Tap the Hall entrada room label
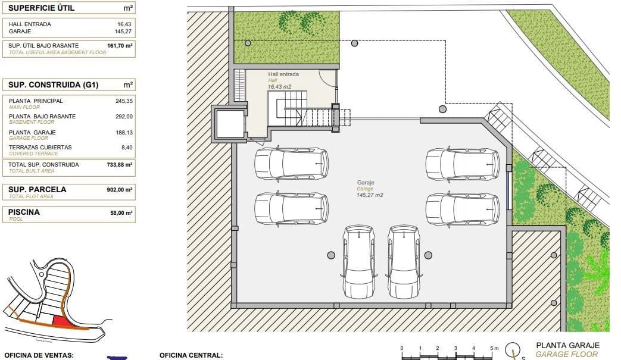pyautogui.click(x=283, y=74)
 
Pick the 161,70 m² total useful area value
pyautogui.click(x=119, y=45)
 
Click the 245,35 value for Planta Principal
pyautogui.click(x=123, y=101)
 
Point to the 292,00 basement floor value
pyautogui.click(x=123, y=117)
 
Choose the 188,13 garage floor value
pyautogui.click(x=123, y=133)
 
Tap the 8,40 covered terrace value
pyautogui.click(x=126, y=147)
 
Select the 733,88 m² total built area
pyautogui.click(x=119, y=165)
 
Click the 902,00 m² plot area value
pyautogui.click(x=119, y=190)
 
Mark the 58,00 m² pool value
pyautogui.click(x=121, y=212)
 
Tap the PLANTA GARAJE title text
pyautogui.click(x=567, y=345)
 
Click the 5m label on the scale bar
pyautogui.click(x=492, y=348)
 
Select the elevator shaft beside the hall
pyautogui.click(x=230, y=124)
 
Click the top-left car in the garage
pyautogui.click(x=291, y=163)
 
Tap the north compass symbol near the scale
pyautogui.click(x=513, y=350)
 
